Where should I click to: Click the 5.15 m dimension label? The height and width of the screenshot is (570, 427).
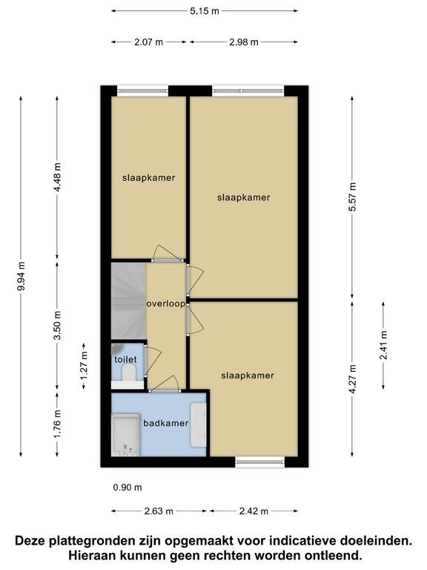point(205,11)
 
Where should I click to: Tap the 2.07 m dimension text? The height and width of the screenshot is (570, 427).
point(148,42)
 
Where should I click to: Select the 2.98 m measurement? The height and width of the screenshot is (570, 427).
point(244,42)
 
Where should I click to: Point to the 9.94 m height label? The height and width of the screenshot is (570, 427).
point(21,276)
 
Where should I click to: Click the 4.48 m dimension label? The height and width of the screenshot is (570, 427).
point(57,178)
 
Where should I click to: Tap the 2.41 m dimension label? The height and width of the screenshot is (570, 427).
point(383,345)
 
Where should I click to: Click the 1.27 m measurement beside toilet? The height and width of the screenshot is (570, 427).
point(84,366)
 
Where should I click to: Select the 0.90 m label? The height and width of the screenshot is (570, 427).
point(128,488)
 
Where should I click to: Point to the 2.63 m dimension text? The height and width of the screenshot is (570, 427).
point(159,511)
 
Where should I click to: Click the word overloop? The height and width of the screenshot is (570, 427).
point(165,304)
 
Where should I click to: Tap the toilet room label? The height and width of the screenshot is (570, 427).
point(125,359)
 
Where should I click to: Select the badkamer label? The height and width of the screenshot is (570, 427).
point(165,423)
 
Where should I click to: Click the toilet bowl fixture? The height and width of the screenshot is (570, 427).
point(128,373)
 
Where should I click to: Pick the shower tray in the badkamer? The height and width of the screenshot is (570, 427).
point(125,435)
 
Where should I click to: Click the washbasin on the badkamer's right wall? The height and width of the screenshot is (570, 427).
point(199,425)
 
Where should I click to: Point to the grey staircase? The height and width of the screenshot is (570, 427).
point(128,301)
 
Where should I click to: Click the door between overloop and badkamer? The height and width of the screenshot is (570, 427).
point(165,391)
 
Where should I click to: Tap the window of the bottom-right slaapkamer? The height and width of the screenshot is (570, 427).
point(260,462)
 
